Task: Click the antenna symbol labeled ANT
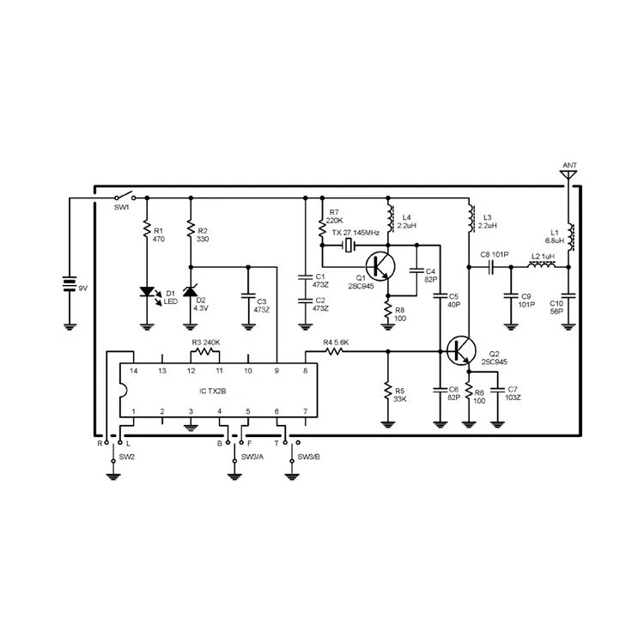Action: point(568,174)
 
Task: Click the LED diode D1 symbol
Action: point(146,293)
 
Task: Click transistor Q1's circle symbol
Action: point(380,265)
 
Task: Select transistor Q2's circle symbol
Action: point(462,349)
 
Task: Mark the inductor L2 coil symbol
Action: point(542,266)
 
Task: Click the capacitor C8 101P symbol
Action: point(492,266)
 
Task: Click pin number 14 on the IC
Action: point(134,370)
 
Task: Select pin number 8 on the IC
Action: point(305,370)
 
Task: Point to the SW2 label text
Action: point(126,456)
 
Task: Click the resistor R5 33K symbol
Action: point(387,392)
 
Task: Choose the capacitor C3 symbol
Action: point(248,296)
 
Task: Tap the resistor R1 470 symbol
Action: point(146,232)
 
